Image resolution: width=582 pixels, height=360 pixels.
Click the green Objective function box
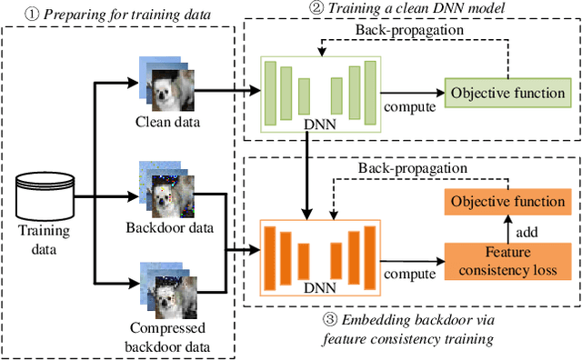[x=508, y=94]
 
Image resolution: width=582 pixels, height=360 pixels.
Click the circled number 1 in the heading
[x=13, y=14]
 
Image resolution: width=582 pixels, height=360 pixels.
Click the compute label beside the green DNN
[x=409, y=107]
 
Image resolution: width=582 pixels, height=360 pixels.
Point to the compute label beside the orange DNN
[x=408, y=272]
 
